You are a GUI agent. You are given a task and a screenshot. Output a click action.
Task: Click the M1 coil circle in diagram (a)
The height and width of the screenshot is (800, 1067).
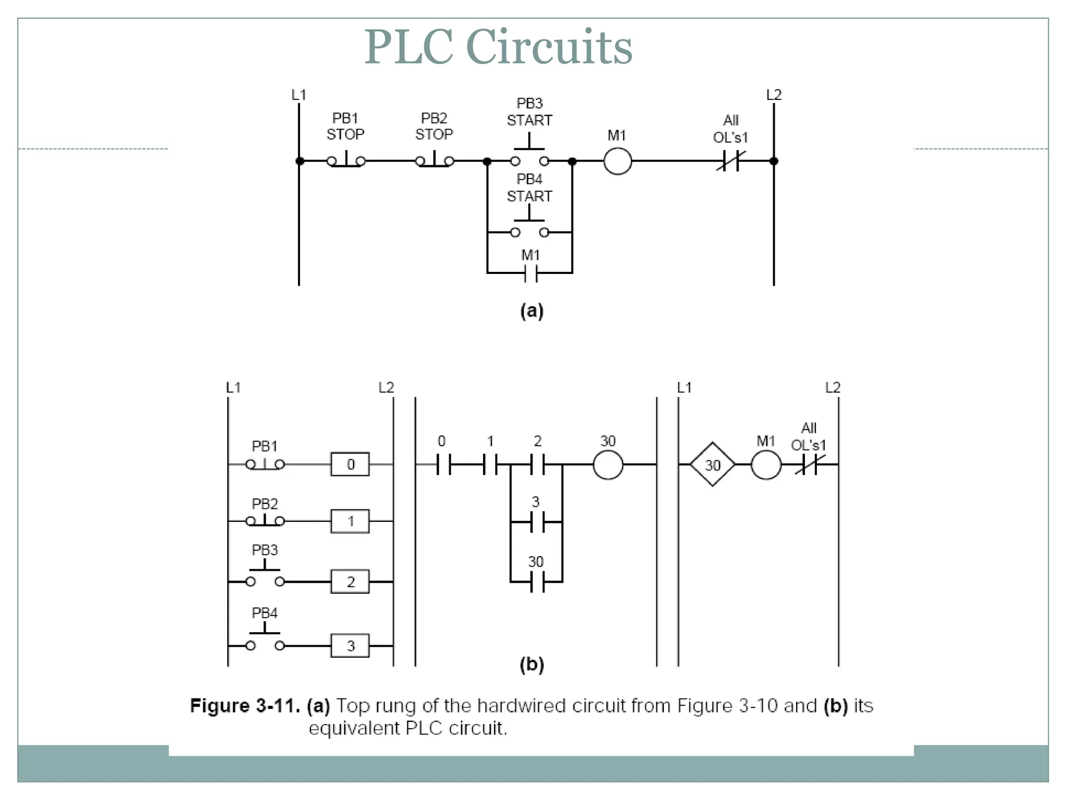click(x=617, y=161)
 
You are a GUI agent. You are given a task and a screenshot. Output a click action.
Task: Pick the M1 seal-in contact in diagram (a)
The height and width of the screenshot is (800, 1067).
click(x=530, y=272)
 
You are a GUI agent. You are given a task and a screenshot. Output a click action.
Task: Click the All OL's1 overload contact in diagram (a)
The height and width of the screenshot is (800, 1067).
click(x=731, y=161)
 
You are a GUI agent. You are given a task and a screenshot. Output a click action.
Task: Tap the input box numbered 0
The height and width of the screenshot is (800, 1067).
click(x=350, y=464)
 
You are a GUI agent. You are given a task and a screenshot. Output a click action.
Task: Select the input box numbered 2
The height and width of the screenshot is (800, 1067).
click(x=350, y=581)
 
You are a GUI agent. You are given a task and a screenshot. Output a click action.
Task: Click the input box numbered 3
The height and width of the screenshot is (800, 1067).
click(x=350, y=646)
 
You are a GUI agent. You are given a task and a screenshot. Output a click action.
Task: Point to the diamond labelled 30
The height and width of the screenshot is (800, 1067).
click(x=712, y=465)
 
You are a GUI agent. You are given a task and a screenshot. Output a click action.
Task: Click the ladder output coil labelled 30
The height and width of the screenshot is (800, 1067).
click(x=608, y=465)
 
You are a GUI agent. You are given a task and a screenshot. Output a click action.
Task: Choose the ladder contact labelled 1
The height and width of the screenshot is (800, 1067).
click(x=490, y=464)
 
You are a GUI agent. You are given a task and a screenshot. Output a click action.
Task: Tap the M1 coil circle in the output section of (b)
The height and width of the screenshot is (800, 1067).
click(x=766, y=465)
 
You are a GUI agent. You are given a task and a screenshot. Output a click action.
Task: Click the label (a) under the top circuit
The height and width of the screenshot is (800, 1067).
click(x=531, y=311)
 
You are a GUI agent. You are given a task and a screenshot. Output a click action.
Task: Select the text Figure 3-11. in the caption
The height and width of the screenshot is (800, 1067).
click(x=245, y=706)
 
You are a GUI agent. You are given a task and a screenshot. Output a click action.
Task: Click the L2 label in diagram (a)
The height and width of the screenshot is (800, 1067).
click(x=774, y=95)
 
